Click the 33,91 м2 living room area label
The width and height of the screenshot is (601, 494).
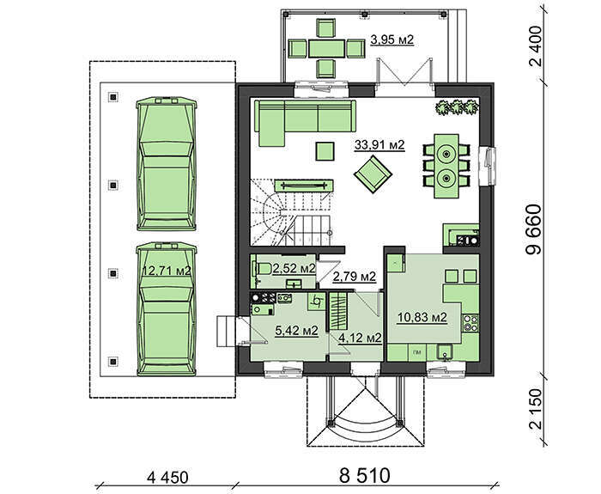(x=379, y=145)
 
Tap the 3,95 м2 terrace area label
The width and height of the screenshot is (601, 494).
(x=392, y=40)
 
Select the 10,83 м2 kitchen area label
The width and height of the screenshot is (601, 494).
(x=422, y=318)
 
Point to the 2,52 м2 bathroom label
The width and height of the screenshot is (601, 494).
(x=294, y=269)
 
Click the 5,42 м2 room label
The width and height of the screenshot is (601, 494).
(x=297, y=330)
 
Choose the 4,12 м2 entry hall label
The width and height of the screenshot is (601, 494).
(x=360, y=338)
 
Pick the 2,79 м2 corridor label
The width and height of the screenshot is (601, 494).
(x=354, y=276)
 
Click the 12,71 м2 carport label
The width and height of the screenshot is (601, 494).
(x=167, y=271)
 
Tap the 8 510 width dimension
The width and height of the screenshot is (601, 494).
(x=365, y=476)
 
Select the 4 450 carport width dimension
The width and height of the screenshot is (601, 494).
(x=167, y=478)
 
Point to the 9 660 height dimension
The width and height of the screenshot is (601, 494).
(x=534, y=230)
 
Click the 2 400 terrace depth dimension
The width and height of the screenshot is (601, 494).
(x=536, y=46)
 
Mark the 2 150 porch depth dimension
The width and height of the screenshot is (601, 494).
(x=536, y=409)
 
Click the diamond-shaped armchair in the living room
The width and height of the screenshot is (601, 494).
(x=373, y=174)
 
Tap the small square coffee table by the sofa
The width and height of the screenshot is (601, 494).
(x=325, y=151)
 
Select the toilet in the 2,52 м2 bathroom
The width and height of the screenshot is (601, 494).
(x=262, y=268)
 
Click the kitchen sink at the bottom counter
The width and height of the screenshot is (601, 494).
(x=446, y=351)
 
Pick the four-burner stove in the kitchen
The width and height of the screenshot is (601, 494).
(x=470, y=323)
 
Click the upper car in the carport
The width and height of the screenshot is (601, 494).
(x=167, y=164)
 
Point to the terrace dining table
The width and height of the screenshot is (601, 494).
(x=326, y=48)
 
